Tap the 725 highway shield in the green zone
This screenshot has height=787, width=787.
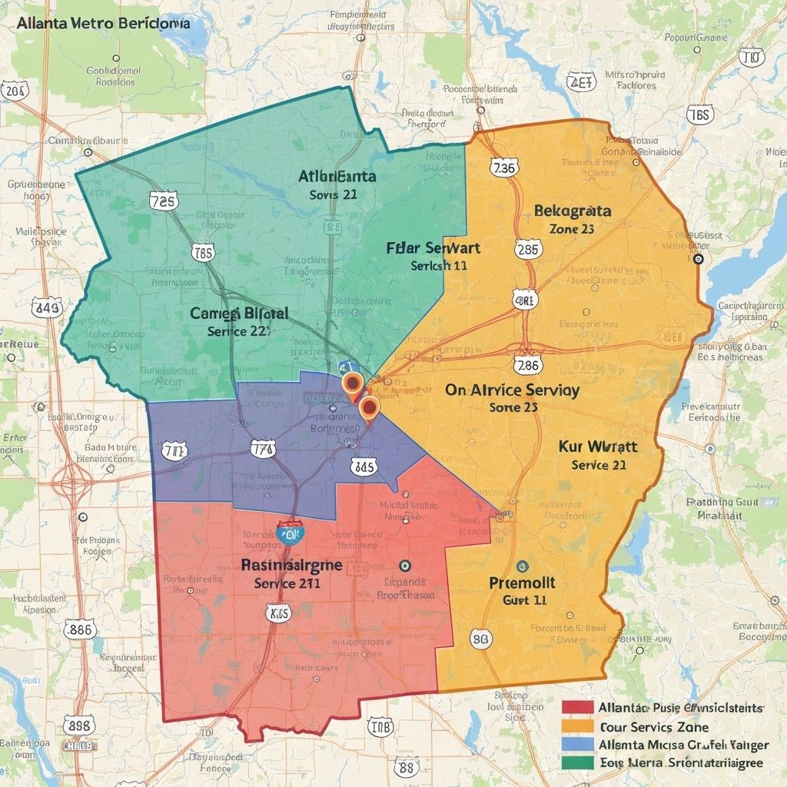tap(163, 201)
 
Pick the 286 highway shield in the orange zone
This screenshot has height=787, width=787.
tap(528, 365)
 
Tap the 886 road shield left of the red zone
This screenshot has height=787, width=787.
tap(79, 629)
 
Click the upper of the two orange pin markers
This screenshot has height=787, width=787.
tap(352, 383)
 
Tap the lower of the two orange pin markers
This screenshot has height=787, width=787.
tap(369, 407)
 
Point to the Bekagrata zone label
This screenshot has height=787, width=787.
tap(572, 211)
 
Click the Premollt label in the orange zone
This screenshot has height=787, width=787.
tap(522, 583)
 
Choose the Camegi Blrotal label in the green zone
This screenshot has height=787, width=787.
tap(239, 314)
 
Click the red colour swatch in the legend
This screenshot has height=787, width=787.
tap(578, 707)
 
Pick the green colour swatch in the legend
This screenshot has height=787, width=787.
tap(578, 762)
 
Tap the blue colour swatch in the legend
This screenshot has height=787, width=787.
tap(578, 744)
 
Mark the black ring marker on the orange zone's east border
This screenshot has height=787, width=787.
tap(698, 260)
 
